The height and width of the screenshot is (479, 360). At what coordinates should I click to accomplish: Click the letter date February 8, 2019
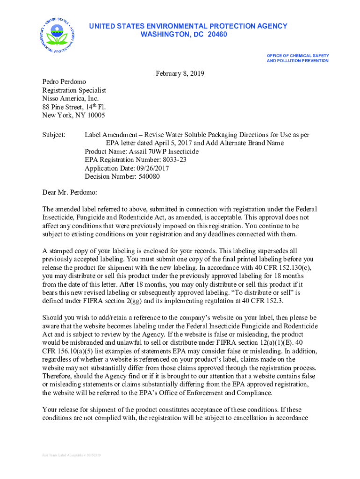click(180, 74)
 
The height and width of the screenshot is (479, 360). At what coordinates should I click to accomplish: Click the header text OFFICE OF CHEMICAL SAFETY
click(297, 55)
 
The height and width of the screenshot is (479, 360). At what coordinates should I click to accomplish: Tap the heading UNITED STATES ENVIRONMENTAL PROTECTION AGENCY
click(188, 26)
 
